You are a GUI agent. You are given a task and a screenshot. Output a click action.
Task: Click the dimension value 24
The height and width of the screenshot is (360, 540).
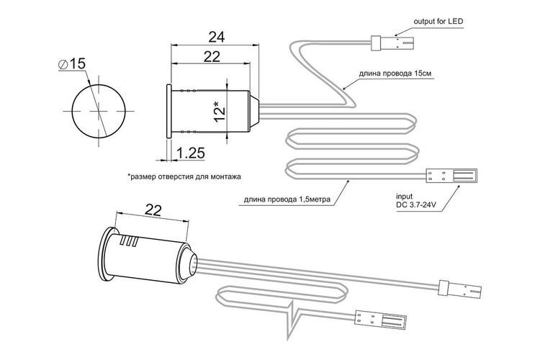coord(217,37)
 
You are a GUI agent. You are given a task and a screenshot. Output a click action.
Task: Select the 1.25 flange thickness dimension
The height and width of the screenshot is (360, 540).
coord(191,153)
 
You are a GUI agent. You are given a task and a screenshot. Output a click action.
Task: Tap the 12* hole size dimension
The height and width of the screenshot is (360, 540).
coord(220,111)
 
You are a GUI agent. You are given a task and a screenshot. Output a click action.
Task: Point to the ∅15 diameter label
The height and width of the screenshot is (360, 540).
coord(72,64)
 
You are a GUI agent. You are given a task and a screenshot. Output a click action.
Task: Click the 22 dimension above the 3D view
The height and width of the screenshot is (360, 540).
coord(153,210)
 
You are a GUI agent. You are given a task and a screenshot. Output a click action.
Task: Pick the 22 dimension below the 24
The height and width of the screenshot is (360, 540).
coord(212,56)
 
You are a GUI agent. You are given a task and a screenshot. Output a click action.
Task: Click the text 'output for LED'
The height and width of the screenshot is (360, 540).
coord(438,22)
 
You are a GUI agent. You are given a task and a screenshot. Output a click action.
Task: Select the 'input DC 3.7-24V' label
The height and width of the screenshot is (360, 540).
coord(416,201)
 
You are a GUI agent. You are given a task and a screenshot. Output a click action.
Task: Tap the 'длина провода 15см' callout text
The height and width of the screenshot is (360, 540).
coord(395,73)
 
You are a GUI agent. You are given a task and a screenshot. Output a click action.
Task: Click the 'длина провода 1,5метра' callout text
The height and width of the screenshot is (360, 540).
coord(287,199)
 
